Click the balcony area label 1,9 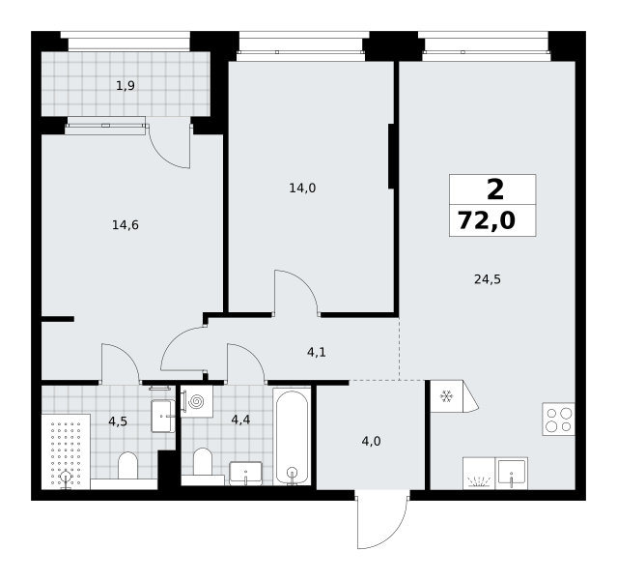pos(126,85)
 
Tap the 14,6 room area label pos(126,225)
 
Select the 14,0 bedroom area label pos(302,188)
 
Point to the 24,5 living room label pos(488,279)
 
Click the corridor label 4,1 pos(317,352)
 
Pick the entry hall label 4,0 pos(371,442)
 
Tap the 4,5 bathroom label pos(118,421)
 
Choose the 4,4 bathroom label pos(240,420)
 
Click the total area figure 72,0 pos(487,220)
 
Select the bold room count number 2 pos(495,189)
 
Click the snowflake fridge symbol pos(446,396)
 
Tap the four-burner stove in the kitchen pos(558,419)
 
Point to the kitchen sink pos(511,473)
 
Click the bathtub pos(292,437)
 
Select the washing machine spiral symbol pos(196,401)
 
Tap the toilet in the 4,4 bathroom pos(203,462)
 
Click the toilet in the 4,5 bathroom pos(127,465)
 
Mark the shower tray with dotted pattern pos(66,451)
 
